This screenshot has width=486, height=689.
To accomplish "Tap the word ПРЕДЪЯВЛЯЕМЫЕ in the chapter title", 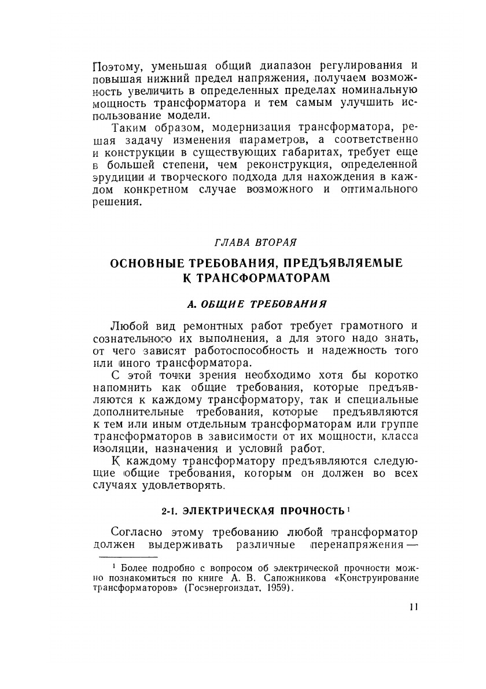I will (342, 263).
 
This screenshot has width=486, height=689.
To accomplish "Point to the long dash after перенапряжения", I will (407, 546).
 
